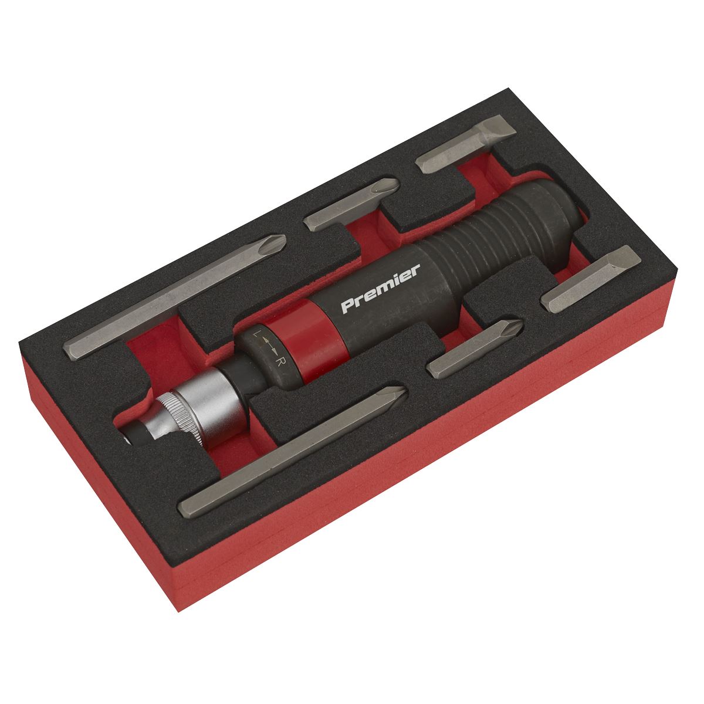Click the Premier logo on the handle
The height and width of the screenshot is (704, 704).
click(380, 289)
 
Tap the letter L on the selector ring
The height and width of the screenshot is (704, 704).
click(256, 335)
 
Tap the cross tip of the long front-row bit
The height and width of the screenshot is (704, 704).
click(396, 393)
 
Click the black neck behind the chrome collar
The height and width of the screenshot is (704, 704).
click(229, 373)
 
